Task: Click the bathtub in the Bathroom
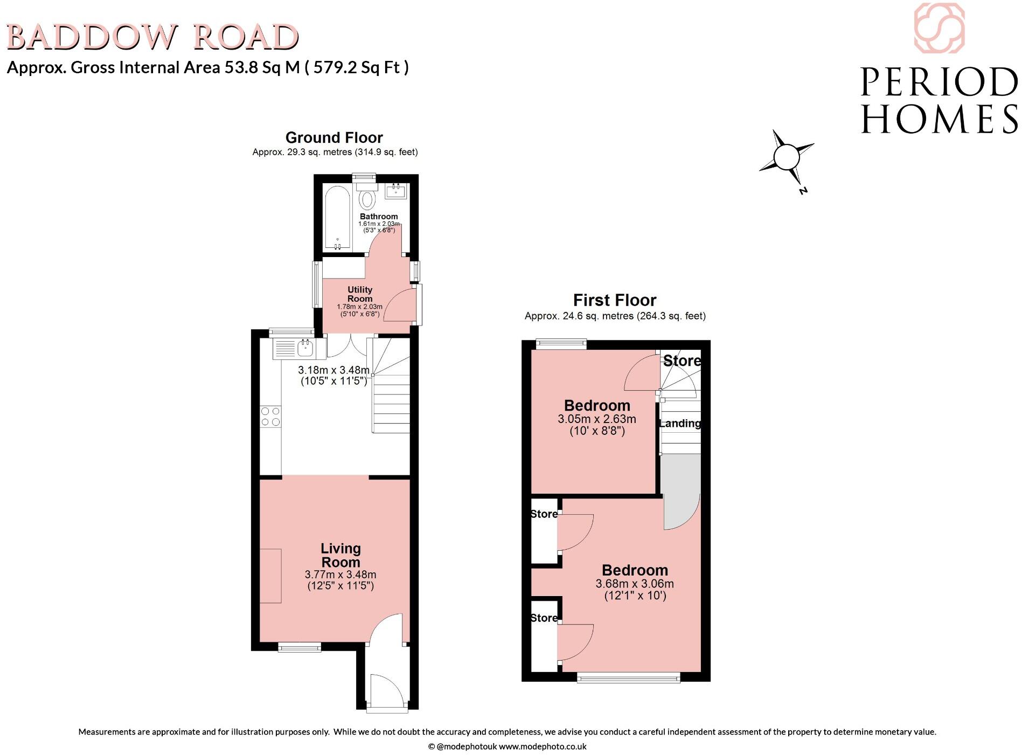(x=338, y=218)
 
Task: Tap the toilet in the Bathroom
(x=367, y=198)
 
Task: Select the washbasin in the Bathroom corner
(x=396, y=190)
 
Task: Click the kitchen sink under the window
(x=305, y=348)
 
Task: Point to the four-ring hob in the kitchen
(x=270, y=417)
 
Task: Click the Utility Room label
(x=360, y=294)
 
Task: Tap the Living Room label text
(x=340, y=555)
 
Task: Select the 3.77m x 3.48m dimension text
(x=340, y=574)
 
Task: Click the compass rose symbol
(x=786, y=157)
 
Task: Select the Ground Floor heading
(x=334, y=137)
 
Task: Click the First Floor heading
(x=615, y=300)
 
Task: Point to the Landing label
(x=680, y=424)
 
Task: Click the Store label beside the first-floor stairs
(x=682, y=361)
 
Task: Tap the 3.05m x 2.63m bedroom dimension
(x=597, y=419)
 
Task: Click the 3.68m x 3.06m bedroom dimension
(x=635, y=584)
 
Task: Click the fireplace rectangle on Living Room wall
(x=271, y=576)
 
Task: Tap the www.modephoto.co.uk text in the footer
(x=543, y=746)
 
